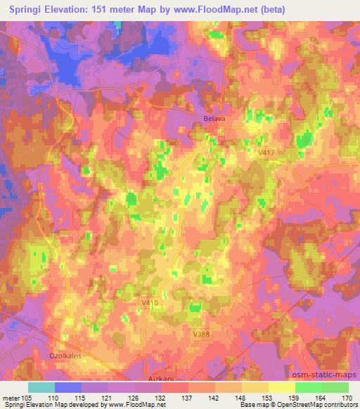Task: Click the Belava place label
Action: (x=214, y=119)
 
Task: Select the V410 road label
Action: (x=149, y=302)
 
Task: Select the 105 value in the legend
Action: (x=27, y=397)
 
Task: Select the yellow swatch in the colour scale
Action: (x=282, y=387)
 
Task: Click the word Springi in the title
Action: (x=26, y=10)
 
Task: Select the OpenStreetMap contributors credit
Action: (x=313, y=405)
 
